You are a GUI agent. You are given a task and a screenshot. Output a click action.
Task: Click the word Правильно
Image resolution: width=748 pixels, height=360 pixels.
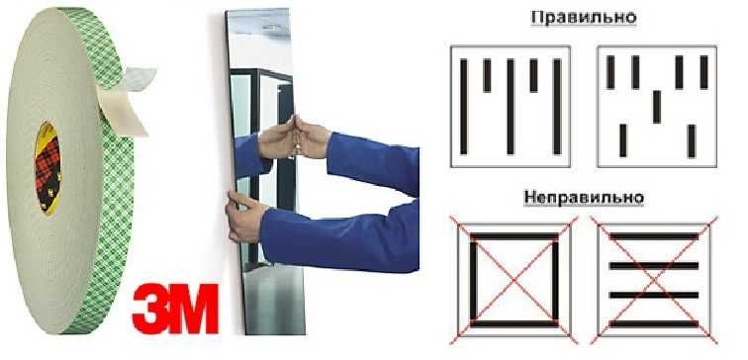(x=583, y=18)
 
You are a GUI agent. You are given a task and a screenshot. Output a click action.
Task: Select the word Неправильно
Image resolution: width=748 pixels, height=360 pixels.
(x=583, y=198)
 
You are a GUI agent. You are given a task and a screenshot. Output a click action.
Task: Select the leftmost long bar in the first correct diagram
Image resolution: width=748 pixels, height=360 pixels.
(x=463, y=106)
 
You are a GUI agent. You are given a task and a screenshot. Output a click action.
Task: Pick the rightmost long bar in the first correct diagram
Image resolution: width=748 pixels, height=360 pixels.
(x=557, y=106)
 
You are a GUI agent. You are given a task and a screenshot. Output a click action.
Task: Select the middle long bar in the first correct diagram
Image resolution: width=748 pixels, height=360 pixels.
(x=511, y=106)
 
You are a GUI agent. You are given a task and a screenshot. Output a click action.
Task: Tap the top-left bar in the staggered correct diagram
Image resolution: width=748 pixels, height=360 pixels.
(x=610, y=72)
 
